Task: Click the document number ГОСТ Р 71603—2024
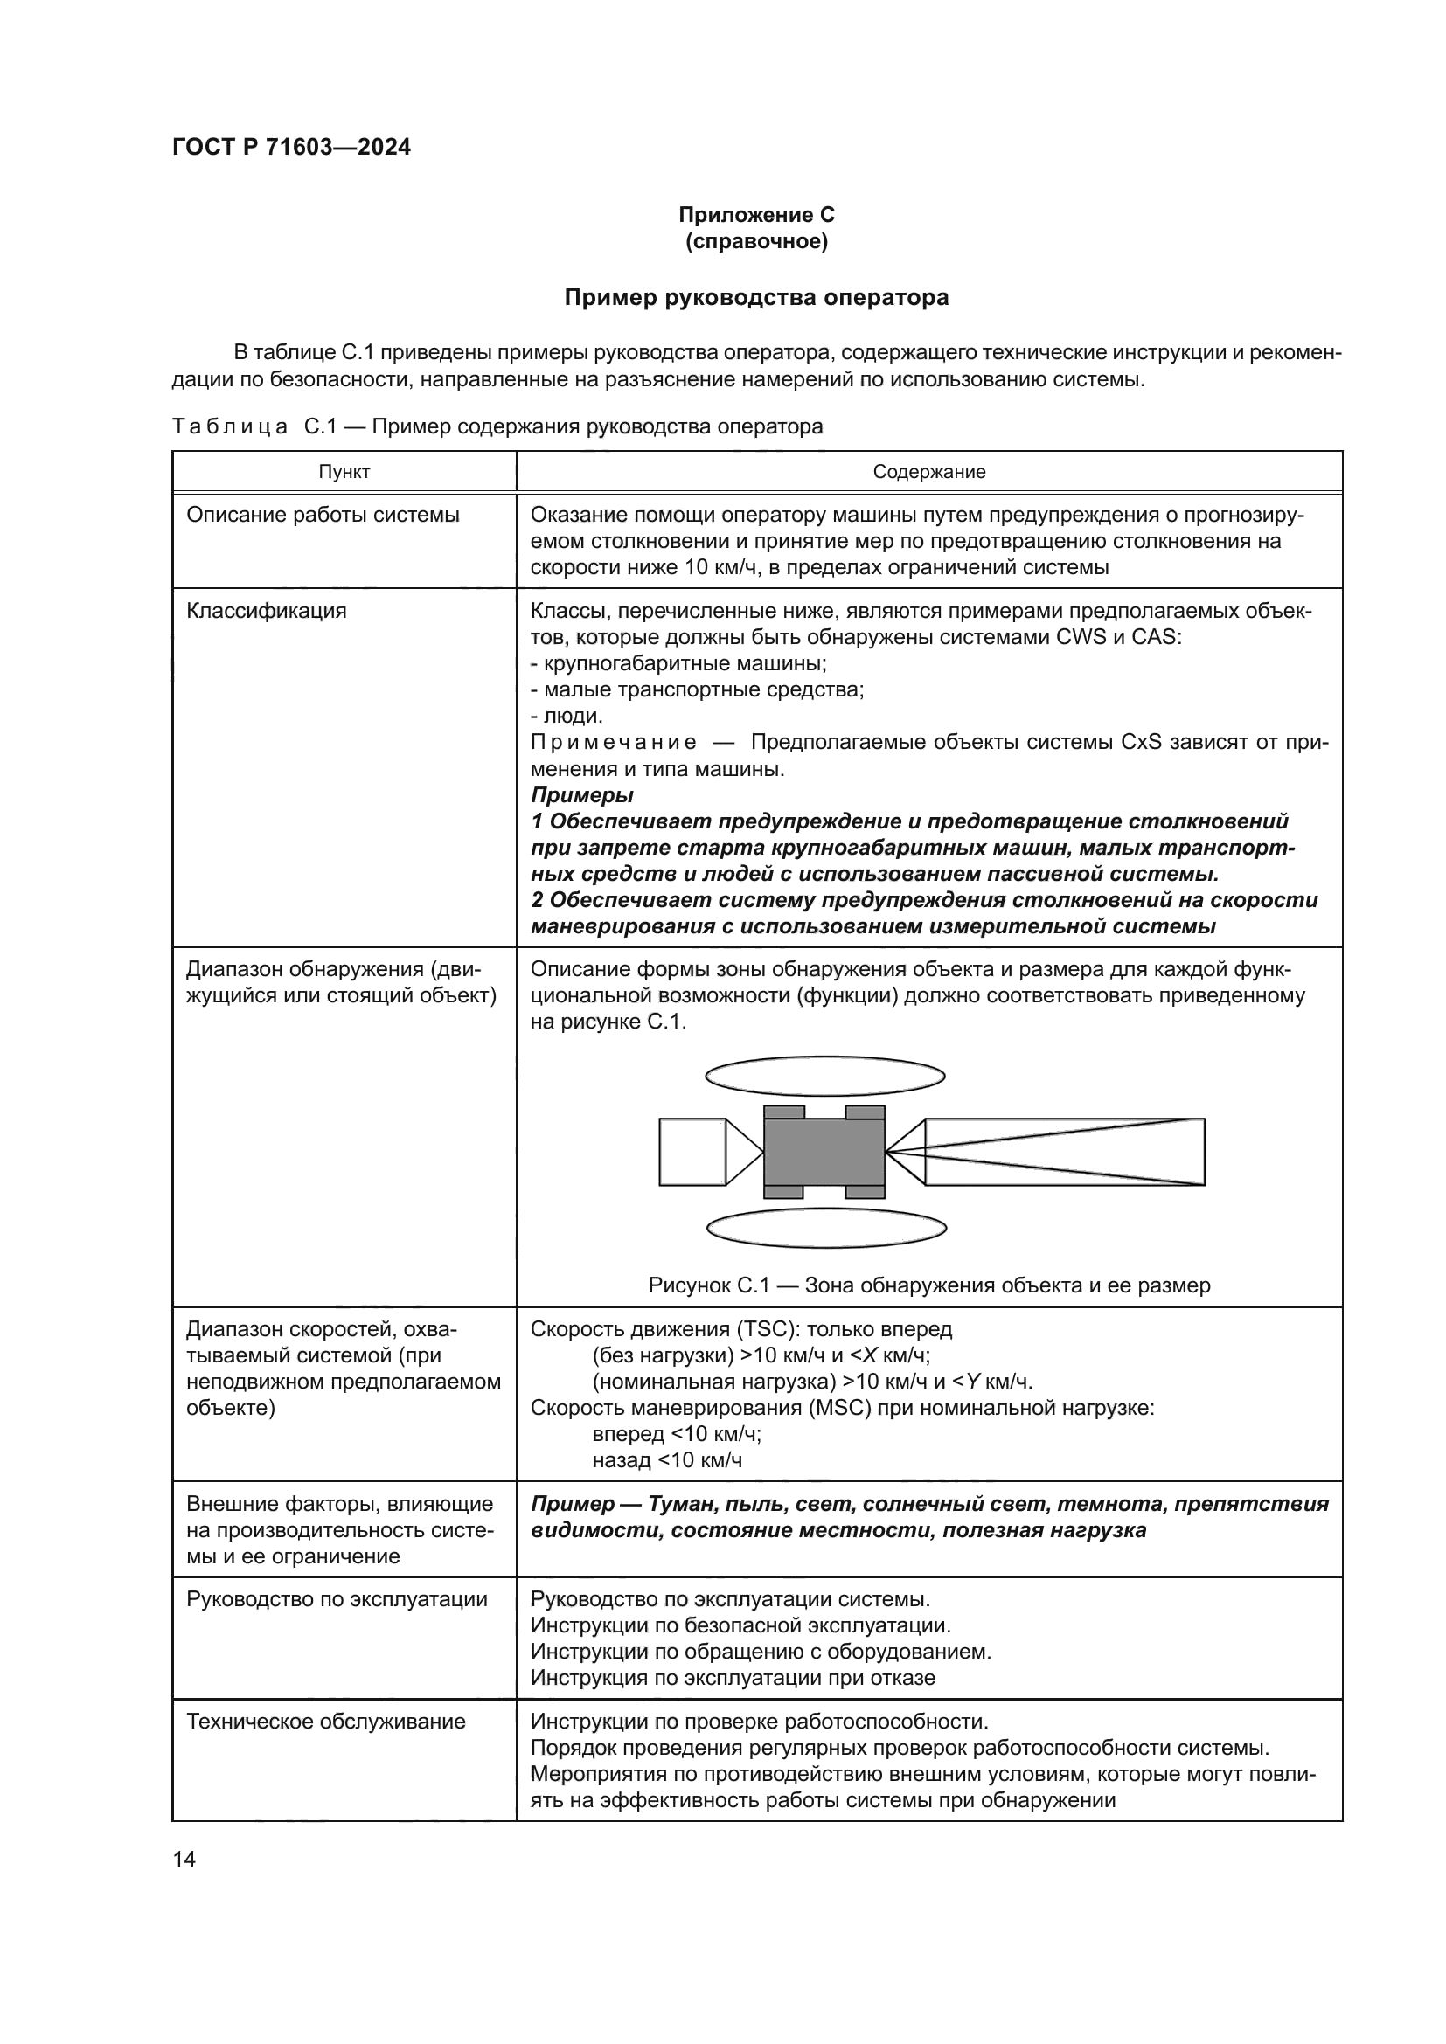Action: point(291,148)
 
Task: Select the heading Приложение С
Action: point(756,215)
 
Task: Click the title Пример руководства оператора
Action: point(756,297)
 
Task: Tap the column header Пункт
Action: point(344,472)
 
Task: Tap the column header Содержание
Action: point(928,472)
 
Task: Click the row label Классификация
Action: point(267,611)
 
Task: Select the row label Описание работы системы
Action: point(323,515)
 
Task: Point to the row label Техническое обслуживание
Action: point(326,1721)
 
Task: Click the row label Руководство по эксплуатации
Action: point(337,1599)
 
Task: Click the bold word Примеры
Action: point(582,795)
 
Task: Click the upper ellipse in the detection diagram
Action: point(824,1077)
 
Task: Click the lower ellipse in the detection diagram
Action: point(826,1229)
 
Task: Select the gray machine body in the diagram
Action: point(824,1152)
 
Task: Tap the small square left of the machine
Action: point(692,1152)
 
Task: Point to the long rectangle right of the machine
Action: point(1064,1152)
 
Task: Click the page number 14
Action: point(184,1859)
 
